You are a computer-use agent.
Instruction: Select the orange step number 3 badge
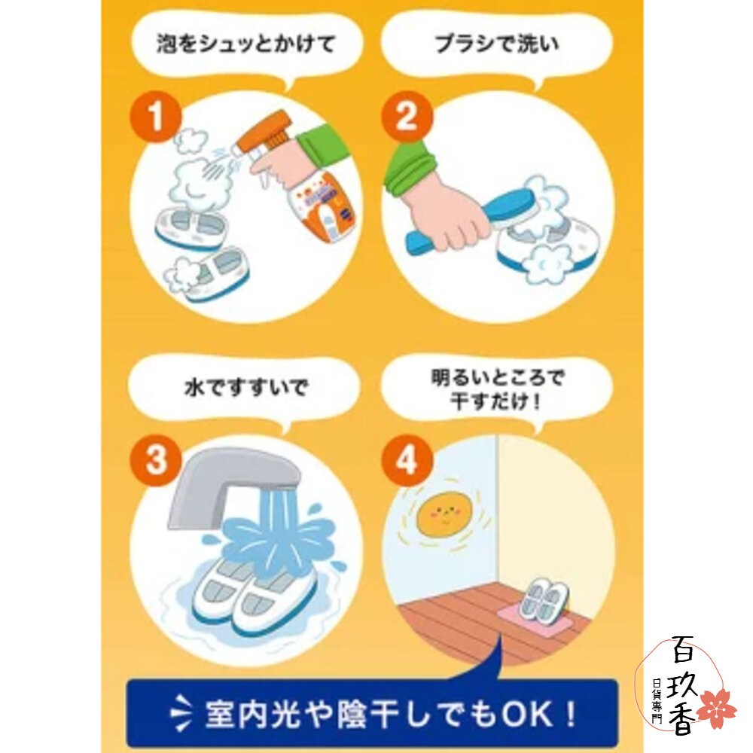[x=156, y=460]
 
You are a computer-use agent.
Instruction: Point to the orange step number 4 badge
[x=406, y=460]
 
